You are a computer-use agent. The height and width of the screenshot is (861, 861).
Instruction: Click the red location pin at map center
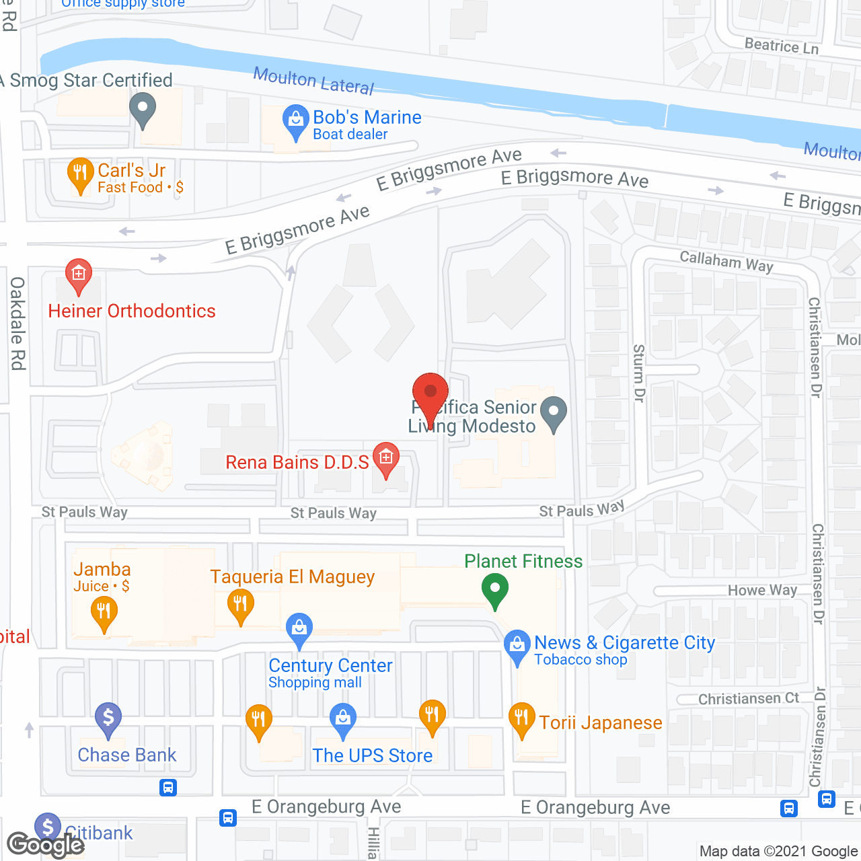click(430, 394)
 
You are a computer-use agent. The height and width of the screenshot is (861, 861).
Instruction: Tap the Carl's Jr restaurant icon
click(80, 174)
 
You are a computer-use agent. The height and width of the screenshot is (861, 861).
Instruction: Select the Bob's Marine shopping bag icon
click(295, 121)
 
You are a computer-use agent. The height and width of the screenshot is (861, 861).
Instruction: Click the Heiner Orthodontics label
click(132, 311)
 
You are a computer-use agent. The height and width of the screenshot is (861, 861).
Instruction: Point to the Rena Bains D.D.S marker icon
click(385, 458)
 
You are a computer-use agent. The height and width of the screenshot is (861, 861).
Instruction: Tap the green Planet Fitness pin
click(495, 589)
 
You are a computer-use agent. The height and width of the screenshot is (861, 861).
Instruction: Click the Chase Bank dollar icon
click(108, 718)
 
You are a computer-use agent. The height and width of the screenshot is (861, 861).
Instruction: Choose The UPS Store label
click(373, 755)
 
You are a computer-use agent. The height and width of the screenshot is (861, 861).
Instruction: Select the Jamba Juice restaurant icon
click(104, 612)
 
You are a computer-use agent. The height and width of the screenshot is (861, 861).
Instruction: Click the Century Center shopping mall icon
click(299, 629)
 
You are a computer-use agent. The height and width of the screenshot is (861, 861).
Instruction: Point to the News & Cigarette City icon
click(517, 645)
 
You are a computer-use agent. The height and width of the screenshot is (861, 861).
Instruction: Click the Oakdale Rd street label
click(17, 324)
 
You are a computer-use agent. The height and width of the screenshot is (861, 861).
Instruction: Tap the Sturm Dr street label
click(639, 373)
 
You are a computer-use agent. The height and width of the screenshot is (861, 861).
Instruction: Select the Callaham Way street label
click(726, 261)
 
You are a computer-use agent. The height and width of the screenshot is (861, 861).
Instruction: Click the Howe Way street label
click(762, 591)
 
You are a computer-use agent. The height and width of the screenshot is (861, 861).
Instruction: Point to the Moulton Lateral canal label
click(313, 81)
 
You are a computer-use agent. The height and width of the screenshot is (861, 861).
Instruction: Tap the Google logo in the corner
click(46, 844)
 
